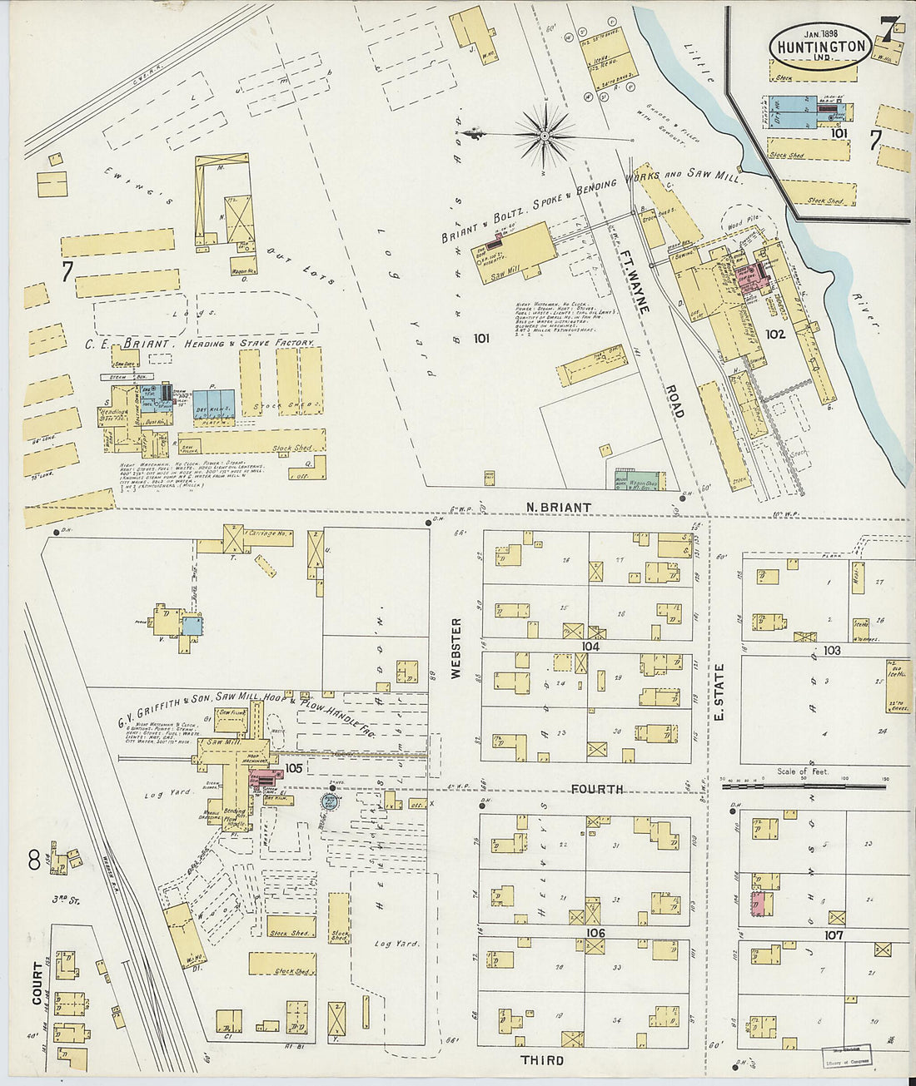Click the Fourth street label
coord(598,788)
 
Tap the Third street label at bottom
coord(542,1060)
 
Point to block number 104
coord(591,646)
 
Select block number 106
coord(595,933)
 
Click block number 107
coord(834,935)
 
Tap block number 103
coord(832,650)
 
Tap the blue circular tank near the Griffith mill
coord(331,801)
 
